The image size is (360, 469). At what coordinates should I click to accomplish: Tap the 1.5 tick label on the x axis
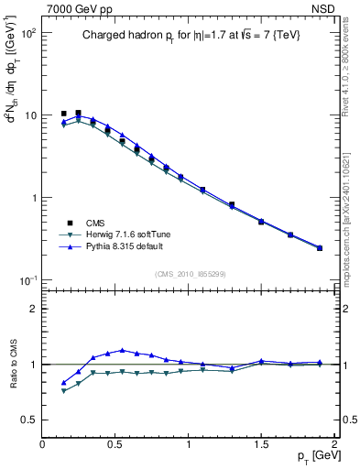[261, 444]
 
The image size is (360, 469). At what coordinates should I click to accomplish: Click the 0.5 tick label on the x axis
[115, 444]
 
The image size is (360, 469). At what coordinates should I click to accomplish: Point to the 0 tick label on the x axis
[43, 444]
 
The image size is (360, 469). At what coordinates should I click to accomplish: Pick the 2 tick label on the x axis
[333, 444]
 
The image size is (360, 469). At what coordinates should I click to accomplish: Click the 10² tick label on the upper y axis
[28, 33]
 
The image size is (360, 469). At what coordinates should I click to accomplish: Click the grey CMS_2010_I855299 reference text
[189, 272]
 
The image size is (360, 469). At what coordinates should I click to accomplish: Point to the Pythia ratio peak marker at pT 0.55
[122, 350]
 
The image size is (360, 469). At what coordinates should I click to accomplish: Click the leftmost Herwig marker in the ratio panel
[63, 391]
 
